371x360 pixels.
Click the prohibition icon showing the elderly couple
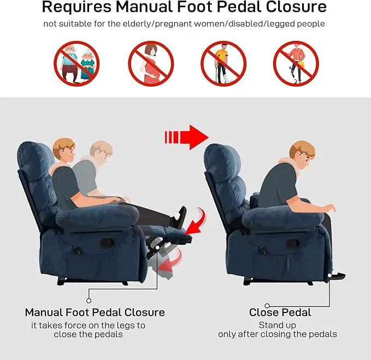[76, 63]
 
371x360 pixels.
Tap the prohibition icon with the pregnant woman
[151, 63]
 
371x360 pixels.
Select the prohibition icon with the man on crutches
[223, 63]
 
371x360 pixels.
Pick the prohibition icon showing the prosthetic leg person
[296, 63]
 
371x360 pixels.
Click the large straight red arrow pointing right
[187, 137]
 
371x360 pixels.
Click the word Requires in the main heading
[76, 7]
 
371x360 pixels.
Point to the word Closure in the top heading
[296, 7]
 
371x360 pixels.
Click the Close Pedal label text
[280, 312]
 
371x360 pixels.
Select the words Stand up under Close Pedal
[278, 325]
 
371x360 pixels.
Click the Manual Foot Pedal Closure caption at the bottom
[95, 312]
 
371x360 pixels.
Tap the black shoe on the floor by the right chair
[338, 275]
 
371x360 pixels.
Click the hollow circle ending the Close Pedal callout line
[267, 305]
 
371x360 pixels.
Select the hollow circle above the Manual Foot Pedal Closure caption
[89, 300]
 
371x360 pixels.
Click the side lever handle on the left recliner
[107, 243]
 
